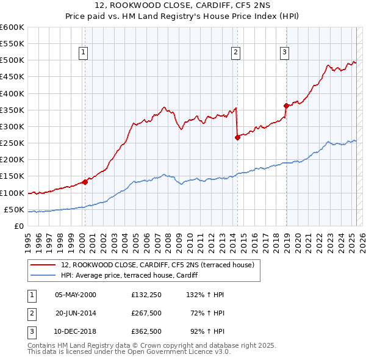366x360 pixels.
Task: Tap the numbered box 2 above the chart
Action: tap(235, 52)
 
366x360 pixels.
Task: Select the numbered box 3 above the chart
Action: tap(284, 52)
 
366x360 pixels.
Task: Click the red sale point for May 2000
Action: tap(85, 182)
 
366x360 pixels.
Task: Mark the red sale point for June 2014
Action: tap(238, 137)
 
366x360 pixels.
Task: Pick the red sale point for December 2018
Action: tap(286, 106)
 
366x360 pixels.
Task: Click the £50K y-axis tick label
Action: tap(14, 209)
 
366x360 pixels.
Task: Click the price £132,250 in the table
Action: tap(146, 295)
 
